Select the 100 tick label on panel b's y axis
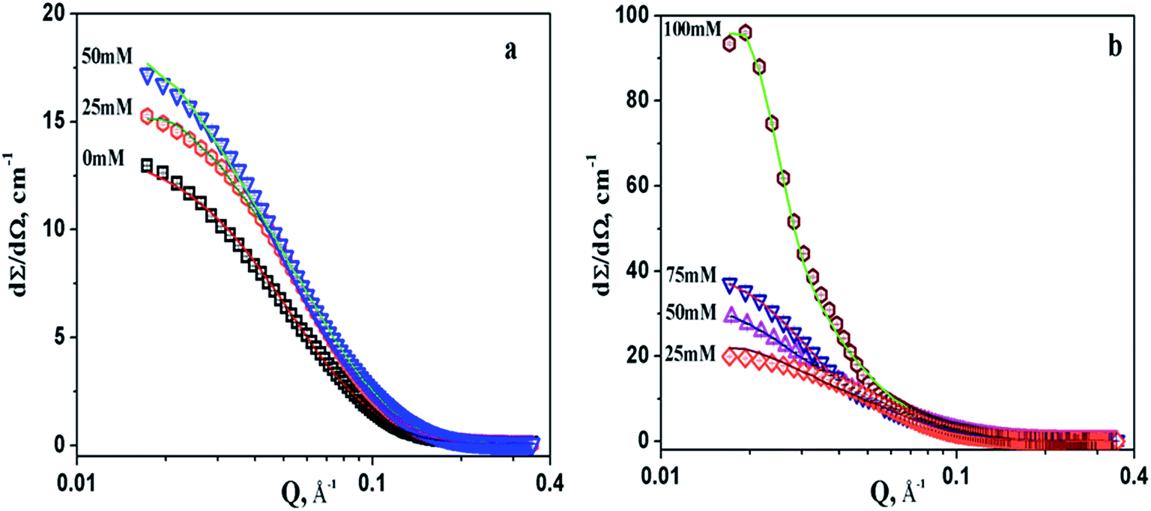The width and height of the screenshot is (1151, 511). [x=633, y=14]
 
